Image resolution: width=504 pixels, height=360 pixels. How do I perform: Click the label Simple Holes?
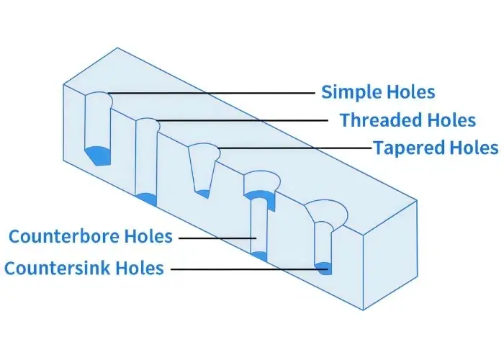378,92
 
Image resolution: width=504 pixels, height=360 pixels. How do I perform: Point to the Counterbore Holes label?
90,236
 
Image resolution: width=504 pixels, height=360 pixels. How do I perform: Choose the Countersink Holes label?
84,269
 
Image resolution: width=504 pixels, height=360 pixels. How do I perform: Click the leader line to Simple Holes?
216,93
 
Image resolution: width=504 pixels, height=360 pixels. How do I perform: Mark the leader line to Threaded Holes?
245,120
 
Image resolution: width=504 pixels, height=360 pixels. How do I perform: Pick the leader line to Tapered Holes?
295,148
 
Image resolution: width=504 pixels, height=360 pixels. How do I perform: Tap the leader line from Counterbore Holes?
216,237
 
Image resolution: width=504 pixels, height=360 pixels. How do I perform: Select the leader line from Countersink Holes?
245,269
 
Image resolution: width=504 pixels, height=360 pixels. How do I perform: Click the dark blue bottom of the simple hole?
98,154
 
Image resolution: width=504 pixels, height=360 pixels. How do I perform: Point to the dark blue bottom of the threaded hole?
147,198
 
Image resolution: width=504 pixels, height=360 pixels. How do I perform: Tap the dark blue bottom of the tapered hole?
204,192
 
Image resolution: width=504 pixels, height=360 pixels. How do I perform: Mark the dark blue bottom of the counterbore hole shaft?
260,255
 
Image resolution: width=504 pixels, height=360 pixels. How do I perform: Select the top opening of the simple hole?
98,97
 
